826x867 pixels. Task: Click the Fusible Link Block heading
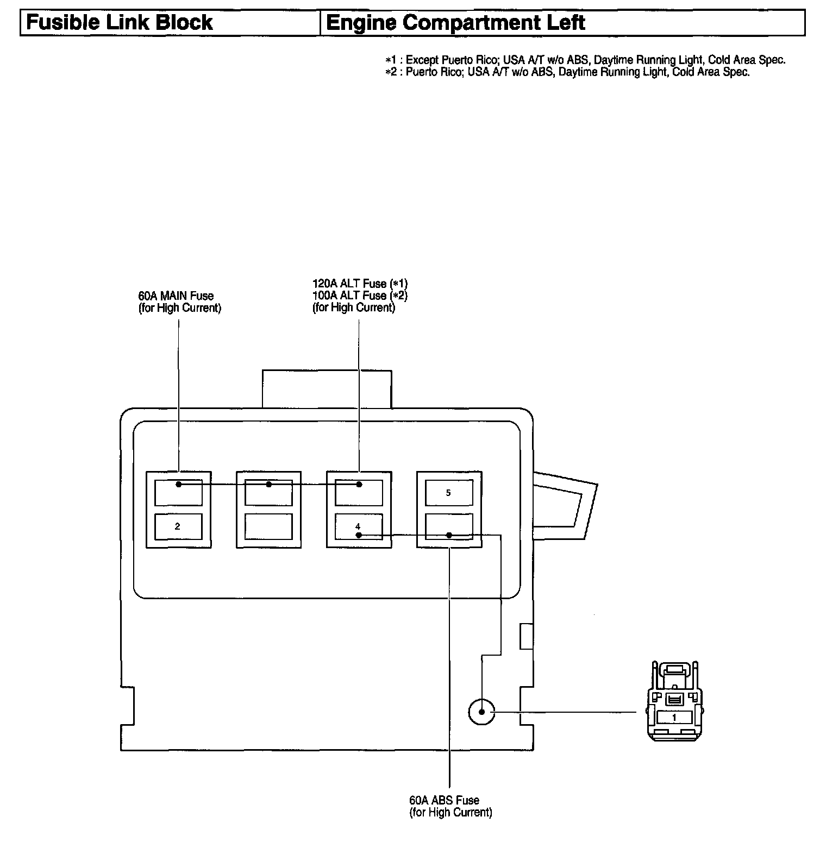[x=120, y=23]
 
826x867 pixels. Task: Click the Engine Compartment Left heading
[x=455, y=23]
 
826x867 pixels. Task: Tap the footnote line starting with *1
[x=585, y=60]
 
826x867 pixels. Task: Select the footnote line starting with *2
[x=567, y=72]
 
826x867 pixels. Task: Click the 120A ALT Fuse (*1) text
[x=360, y=284]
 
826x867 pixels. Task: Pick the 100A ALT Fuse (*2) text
[x=360, y=296]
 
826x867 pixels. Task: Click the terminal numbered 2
[x=178, y=526]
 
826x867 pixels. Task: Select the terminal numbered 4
[x=358, y=526]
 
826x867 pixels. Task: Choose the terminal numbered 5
[x=448, y=493]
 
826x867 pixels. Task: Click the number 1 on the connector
[x=674, y=718]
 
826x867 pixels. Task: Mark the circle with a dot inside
[x=481, y=711]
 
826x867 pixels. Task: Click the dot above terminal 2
[x=179, y=484]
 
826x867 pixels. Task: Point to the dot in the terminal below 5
[x=449, y=535]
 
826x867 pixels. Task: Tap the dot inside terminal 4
[x=359, y=535]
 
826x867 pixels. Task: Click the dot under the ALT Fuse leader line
[x=359, y=484]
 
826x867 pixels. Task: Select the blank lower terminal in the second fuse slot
[x=268, y=526]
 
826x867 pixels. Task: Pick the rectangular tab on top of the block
[x=327, y=388]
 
